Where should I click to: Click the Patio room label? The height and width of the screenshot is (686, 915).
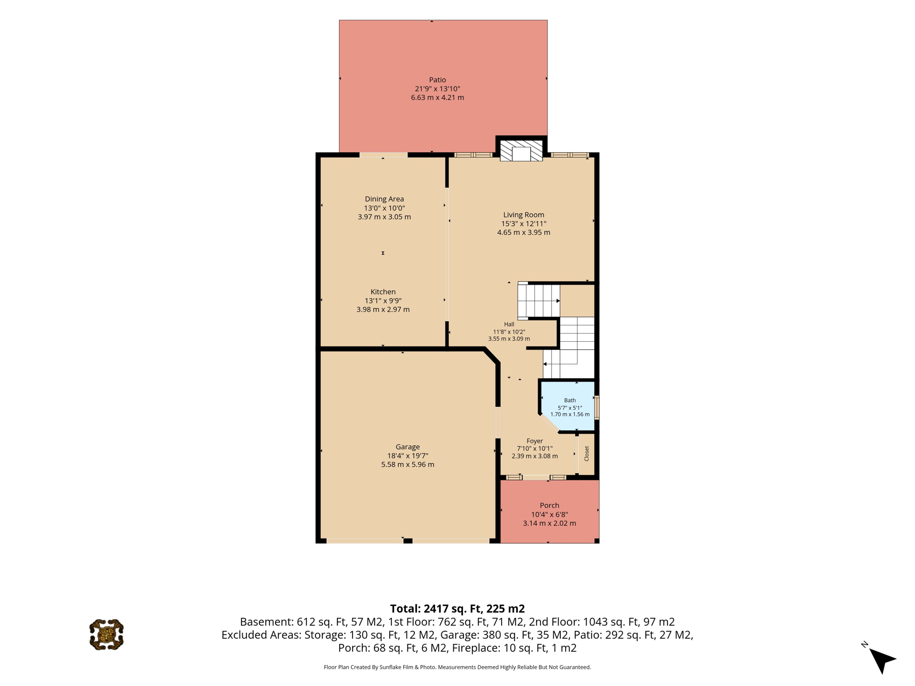point(437,80)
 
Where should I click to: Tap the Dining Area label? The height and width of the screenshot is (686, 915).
point(384,199)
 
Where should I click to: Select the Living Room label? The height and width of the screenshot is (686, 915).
point(524,215)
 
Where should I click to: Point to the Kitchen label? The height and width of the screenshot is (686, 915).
point(383,292)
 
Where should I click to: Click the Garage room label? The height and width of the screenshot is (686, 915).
point(407,447)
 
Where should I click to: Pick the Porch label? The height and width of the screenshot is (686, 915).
point(550,505)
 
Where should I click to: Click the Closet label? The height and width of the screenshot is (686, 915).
point(587,454)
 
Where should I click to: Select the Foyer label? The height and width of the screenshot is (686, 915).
point(534,441)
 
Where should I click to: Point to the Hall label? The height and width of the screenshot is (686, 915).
point(509,324)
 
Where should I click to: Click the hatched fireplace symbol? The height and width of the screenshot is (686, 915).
point(521,150)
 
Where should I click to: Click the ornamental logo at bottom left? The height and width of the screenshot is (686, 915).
point(107,635)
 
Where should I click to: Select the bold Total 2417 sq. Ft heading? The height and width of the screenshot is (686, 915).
point(457,609)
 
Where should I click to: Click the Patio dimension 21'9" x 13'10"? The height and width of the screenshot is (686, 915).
point(438,89)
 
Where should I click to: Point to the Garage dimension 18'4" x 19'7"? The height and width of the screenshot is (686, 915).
point(407,456)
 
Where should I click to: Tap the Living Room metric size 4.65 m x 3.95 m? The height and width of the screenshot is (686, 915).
point(524,232)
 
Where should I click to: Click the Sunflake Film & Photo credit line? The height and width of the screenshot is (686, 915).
point(457,667)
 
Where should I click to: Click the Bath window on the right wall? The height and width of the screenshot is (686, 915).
point(596,407)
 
